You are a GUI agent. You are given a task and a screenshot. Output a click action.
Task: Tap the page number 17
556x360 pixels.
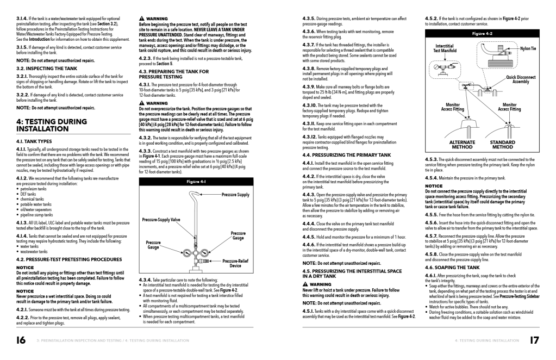pyautogui.click(x=534, y=340)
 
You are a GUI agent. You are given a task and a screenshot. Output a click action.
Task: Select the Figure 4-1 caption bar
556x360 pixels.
pyautogui.click(x=196, y=181)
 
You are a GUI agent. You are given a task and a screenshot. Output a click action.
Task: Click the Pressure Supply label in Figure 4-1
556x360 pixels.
pyautogui.click(x=236, y=194)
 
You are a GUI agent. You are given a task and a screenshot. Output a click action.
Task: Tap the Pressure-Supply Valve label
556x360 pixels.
pyautogui.click(x=161, y=220)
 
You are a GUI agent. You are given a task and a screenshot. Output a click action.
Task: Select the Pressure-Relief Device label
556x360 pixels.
pyautogui.click(x=235, y=263)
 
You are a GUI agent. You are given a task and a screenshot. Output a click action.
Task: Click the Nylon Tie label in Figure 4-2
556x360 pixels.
pyautogui.click(x=528, y=49)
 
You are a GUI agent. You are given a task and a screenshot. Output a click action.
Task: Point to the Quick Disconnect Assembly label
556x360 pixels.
pyautogui.click(x=521, y=79)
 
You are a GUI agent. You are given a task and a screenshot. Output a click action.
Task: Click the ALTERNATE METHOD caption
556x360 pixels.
pyautogui.click(x=462, y=144)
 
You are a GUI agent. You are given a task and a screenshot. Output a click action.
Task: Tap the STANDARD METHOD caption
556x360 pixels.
pyautogui.click(x=503, y=144)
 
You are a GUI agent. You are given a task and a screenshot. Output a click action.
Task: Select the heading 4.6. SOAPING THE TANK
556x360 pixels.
pyautogui.click(x=452, y=268)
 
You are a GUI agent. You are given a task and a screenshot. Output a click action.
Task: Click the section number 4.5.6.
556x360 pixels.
pyautogui.click(x=432, y=222)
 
